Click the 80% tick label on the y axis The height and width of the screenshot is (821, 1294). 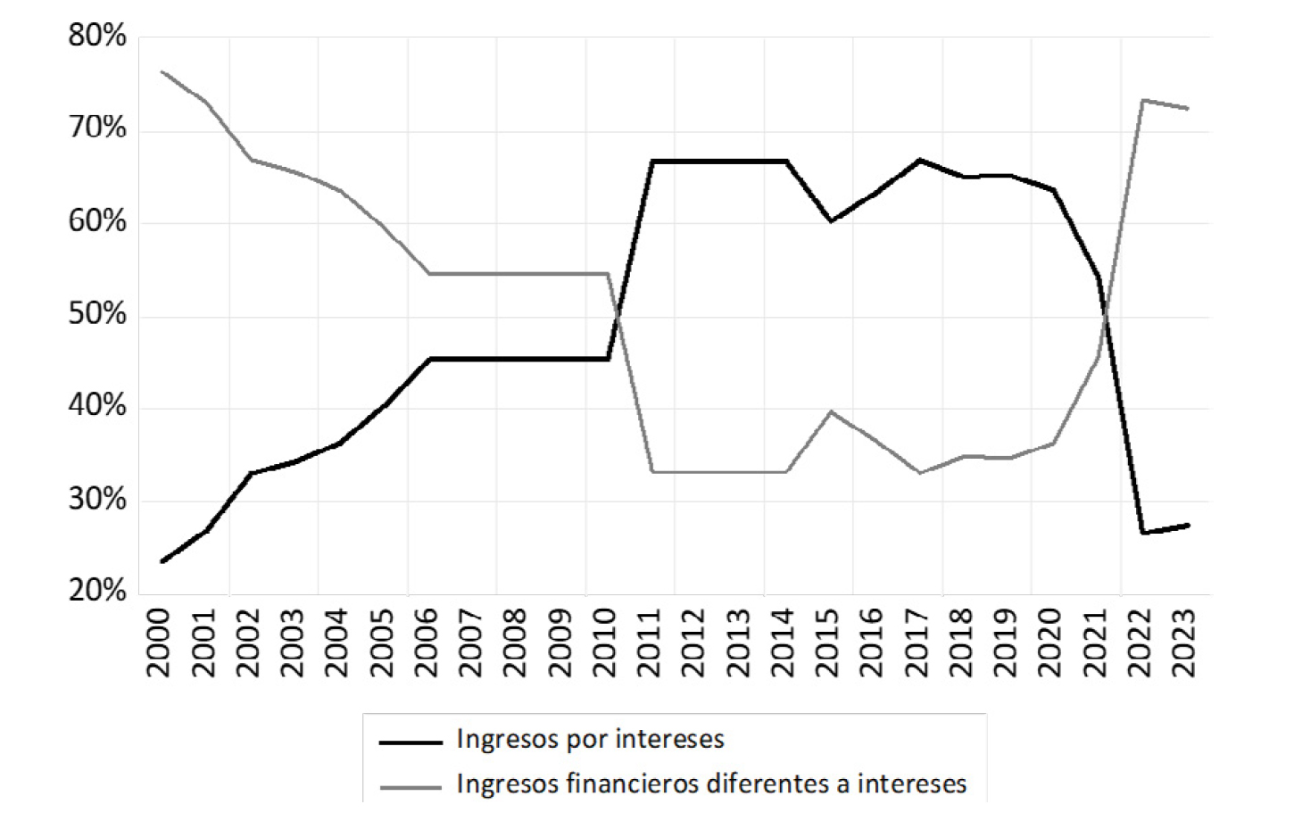coord(97,37)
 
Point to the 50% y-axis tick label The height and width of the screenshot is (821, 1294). coord(97,315)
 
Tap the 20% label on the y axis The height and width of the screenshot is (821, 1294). coord(97,592)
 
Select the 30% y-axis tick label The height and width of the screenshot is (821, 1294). coord(97,499)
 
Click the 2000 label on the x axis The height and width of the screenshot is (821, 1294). coord(159,643)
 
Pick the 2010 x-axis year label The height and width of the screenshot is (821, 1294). coord(604,643)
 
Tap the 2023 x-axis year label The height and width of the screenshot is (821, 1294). coord(1183,643)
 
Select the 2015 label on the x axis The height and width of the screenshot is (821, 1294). coord(827,643)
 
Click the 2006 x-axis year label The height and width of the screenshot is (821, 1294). coord(426,643)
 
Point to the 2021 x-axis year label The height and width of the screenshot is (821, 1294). coord(1094,643)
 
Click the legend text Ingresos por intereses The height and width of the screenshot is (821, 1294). coord(590,740)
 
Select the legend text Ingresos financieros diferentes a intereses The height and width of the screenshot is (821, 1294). coord(711,784)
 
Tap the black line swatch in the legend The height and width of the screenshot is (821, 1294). coord(411,742)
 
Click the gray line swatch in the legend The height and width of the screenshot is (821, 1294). coord(411,786)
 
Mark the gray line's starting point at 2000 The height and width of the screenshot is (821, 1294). coord(162,71)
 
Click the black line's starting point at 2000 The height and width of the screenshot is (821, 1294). coord(162,561)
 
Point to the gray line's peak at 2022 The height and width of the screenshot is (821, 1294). coord(1143,100)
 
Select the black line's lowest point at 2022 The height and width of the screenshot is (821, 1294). coord(1143,533)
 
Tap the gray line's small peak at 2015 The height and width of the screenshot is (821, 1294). coord(831,411)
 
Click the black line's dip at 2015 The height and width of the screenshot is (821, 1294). coord(831,220)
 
